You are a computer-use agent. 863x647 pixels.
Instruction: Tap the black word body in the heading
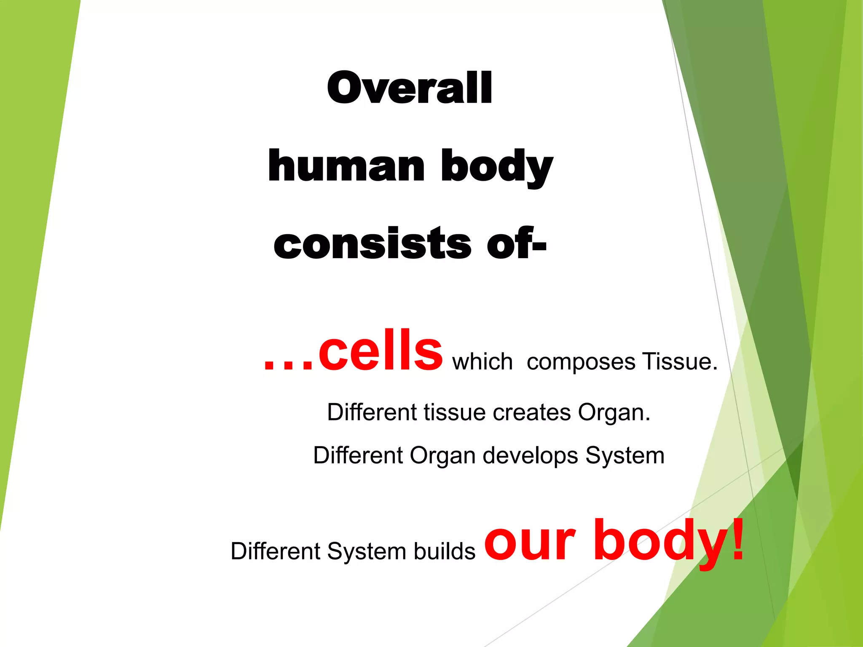[497, 166]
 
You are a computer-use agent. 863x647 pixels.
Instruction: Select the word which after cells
[482, 362]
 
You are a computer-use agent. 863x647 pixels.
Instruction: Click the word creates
[532, 412]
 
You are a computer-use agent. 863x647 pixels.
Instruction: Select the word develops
[530, 456]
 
